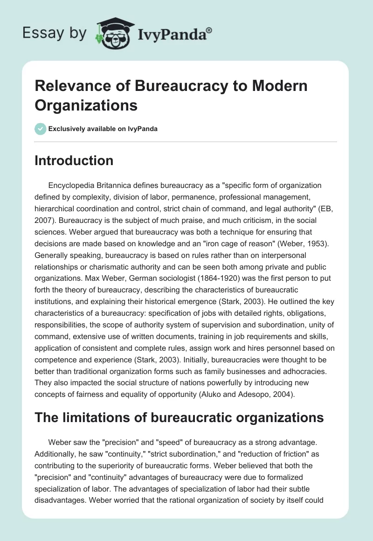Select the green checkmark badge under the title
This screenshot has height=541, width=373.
pyautogui.click(x=40, y=128)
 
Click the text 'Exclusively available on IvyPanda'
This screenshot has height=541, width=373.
pyautogui.click(x=103, y=129)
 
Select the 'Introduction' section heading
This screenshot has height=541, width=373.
pyautogui.click(x=74, y=160)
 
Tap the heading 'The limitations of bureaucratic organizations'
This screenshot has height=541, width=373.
pyautogui.click(x=180, y=417)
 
